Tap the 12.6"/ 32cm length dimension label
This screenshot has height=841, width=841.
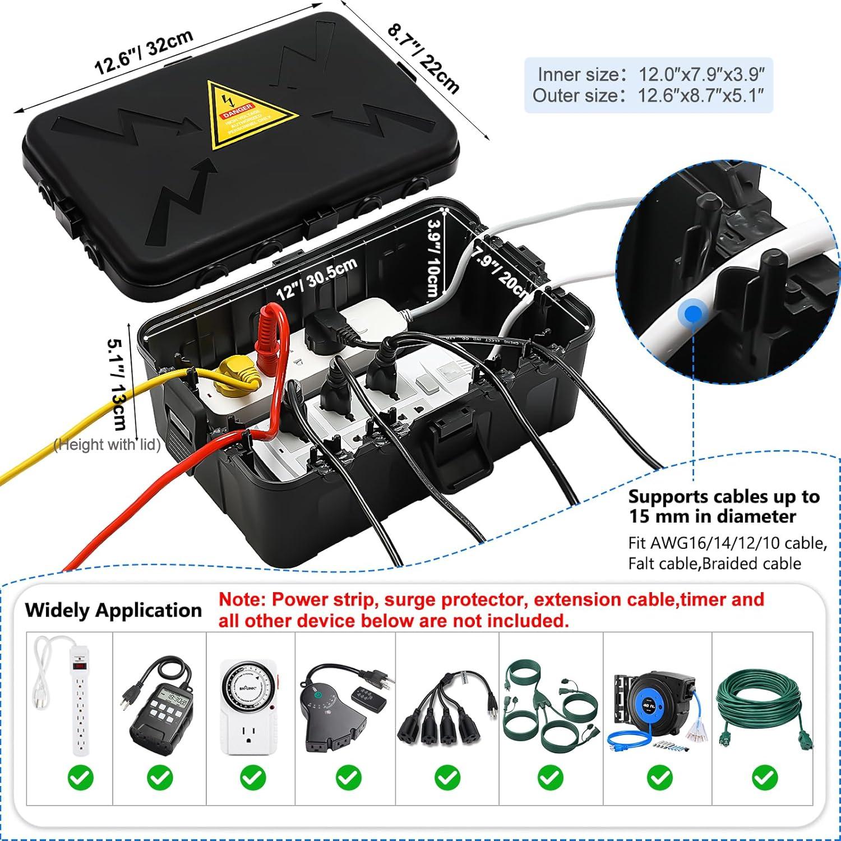tap(144, 52)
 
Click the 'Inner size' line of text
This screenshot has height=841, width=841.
tap(649, 74)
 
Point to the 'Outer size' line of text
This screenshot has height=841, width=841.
tap(648, 95)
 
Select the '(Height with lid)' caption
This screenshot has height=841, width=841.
tap(107, 445)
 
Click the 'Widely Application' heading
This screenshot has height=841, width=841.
tap(113, 610)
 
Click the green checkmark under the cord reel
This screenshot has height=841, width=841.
tap(659, 778)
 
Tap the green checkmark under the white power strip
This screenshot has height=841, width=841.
tap(81, 778)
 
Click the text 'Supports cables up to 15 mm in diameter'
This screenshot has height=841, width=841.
tap(723, 506)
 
